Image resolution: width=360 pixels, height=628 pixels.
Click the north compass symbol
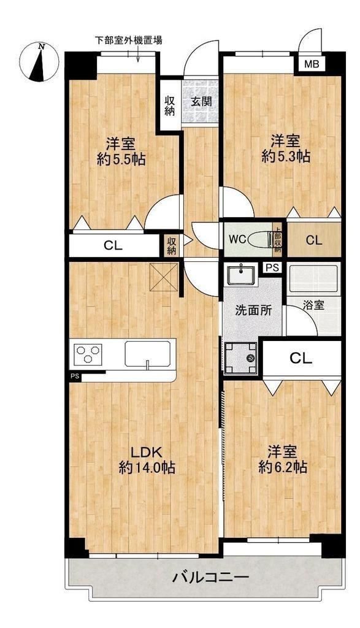[x=39, y=62]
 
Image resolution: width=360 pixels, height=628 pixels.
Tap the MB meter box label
[x=312, y=64]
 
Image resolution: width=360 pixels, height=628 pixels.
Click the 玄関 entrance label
[x=201, y=102]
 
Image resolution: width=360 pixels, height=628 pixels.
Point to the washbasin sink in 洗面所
[x=240, y=274]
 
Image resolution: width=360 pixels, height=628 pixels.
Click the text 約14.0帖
[x=147, y=467]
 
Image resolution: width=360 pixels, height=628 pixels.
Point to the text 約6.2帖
[x=283, y=467]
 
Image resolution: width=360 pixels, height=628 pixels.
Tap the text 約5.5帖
[x=121, y=159]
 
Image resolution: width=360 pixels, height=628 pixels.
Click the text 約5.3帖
[x=286, y=156]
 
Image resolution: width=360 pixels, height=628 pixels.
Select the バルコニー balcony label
[x=210, y=578]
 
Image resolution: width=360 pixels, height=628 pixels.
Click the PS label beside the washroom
[x=272, y=268]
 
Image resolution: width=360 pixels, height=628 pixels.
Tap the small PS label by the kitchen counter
[x=74, y=376]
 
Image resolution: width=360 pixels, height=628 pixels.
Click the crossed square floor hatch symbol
[x=164, y=277]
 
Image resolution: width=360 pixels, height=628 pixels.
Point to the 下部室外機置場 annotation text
[x=128, y=40]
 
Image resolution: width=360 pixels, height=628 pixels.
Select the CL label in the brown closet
[x=313, y=240]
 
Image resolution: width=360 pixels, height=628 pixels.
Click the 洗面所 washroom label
[x=253, y=311]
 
